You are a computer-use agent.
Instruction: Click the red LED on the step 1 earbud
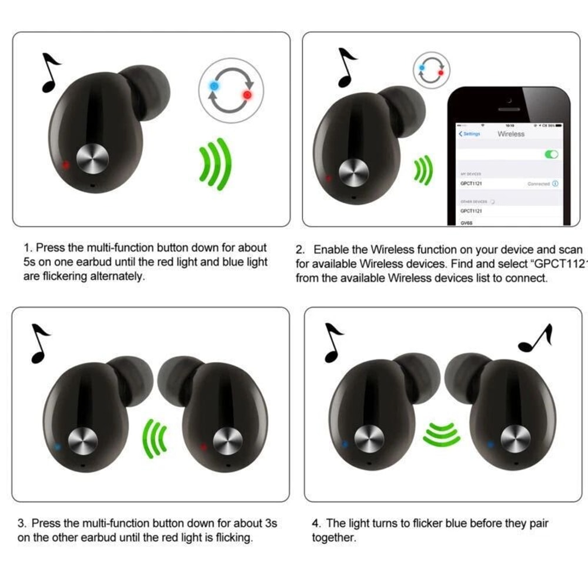(x=65, y=165)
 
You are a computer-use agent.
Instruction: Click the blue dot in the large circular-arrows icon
(x=214, y=86)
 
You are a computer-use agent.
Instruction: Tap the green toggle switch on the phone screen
(x=552, y=154)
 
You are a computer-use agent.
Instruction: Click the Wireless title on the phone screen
(x=511, y=134)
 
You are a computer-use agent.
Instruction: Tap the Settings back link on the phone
(x=470, y=134)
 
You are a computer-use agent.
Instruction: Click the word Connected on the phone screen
(x=539, y=184)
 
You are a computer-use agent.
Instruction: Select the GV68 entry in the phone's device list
(x=467, y=223)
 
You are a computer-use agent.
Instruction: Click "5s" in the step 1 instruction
(x=30, y=262)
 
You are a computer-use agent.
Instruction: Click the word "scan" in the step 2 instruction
(x=569, y=250)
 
